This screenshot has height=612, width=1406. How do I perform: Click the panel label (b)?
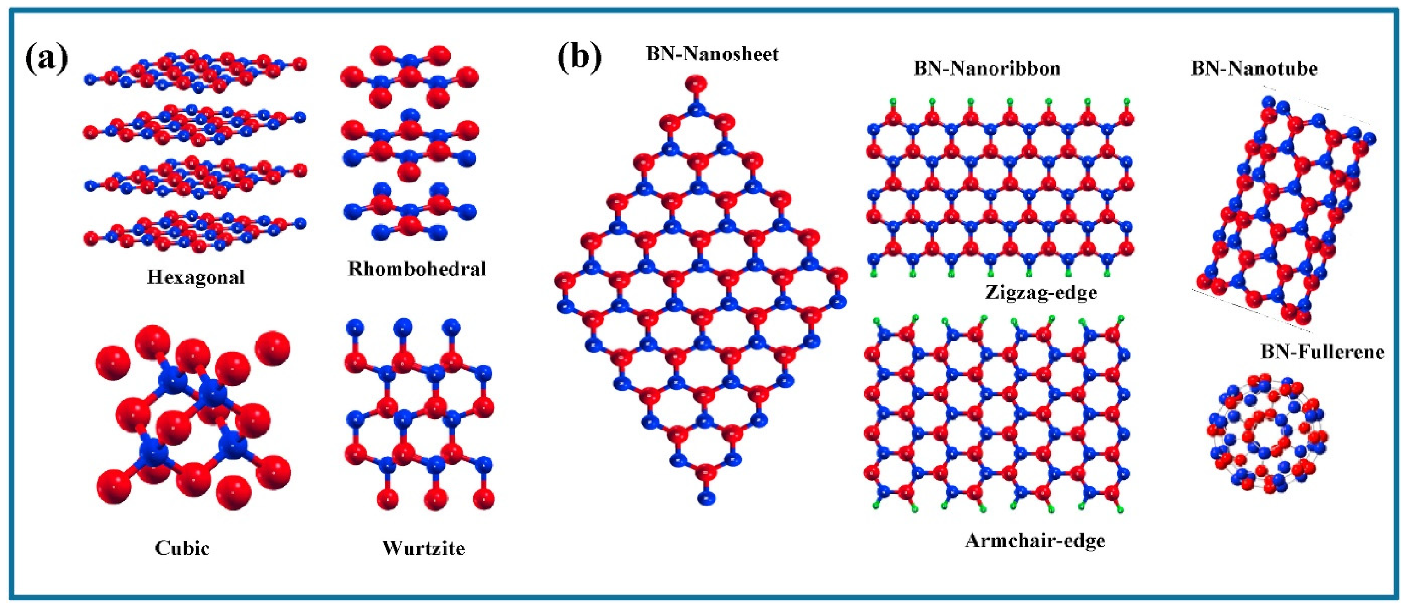(x=579, y=58)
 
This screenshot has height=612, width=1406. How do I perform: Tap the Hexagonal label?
(x=196, y=277)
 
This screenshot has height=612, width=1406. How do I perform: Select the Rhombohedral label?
(x=417, y=269)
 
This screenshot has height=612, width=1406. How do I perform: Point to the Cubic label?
(x=182, y=547)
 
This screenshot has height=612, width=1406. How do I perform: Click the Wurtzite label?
(x=423, y=547)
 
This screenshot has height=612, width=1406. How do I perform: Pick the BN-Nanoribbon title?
(x=987, y=69)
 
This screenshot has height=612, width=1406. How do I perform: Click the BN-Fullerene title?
(x=1323, y=352)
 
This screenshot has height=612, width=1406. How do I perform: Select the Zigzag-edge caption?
(x=1040, y=293)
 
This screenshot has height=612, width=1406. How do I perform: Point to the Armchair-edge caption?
(x=1035, y=541)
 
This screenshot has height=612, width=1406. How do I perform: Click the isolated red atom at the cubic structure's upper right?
(x=273, y=348)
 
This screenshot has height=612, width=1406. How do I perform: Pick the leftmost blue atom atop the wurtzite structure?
(x=355, y=328)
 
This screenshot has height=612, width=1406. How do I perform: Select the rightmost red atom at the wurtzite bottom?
(x=484, y=499)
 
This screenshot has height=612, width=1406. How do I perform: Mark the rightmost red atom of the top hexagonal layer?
(x=299, y=65)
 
